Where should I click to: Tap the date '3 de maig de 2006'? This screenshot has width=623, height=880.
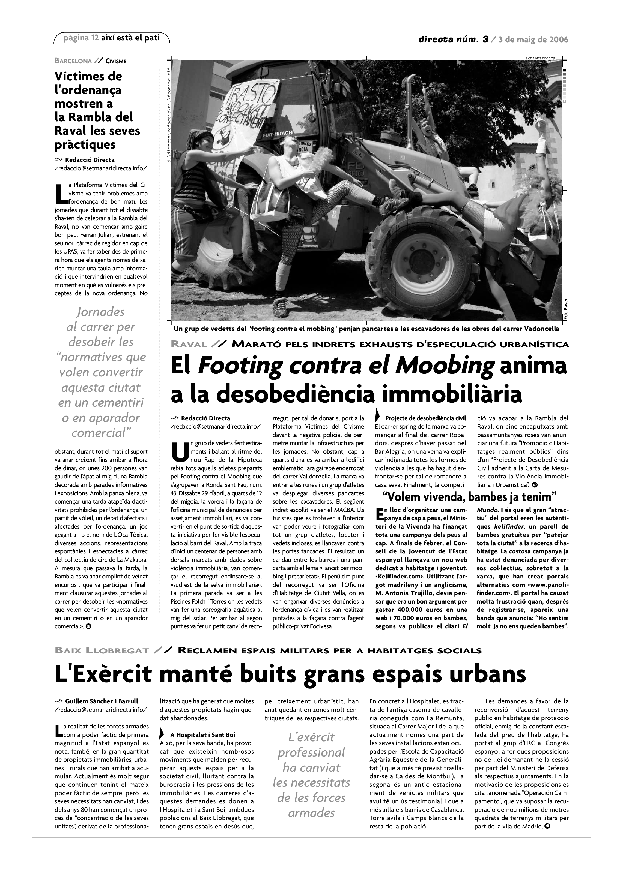(533, 40)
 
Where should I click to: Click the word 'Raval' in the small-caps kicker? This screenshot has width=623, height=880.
(189, 345)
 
